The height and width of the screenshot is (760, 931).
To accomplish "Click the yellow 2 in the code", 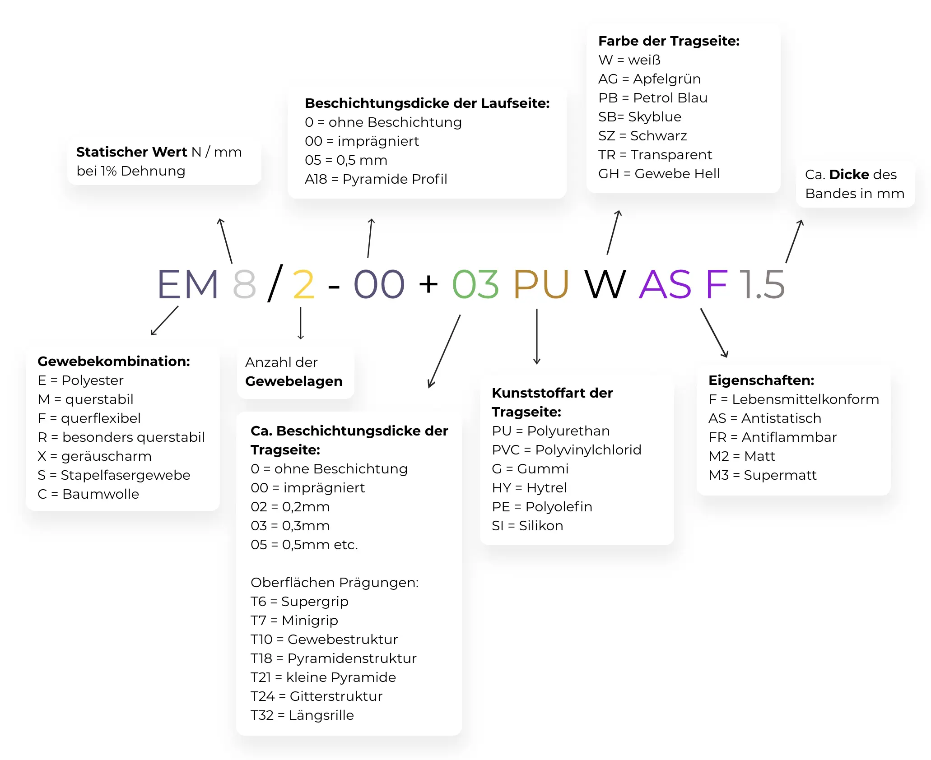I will [x=303, y=284].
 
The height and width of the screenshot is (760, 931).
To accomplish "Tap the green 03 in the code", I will [x=475, y=284].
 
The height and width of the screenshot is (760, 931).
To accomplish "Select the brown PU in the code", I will [x=541, y=284].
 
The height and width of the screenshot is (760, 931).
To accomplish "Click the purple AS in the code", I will [x=665, y=284].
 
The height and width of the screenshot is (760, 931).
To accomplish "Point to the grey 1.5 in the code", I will [x=762, y=284].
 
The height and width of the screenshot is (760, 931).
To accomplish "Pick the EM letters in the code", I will [x=188, y=284].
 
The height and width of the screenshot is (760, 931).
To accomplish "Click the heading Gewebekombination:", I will [x=114, y=361].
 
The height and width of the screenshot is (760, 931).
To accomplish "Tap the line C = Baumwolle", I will [x=88, y=494].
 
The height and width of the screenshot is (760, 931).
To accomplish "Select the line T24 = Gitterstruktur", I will [x=317, y=696].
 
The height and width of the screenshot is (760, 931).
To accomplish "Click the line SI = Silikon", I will [x=527, y=526].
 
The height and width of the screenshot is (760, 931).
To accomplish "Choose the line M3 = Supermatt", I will [x=763, y=475].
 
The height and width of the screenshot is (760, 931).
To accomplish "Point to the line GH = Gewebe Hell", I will [x=659, y=174].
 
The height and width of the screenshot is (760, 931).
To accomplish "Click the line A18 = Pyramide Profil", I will [x=376, y=179].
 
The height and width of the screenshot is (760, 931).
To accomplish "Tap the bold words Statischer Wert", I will [x=131, y=152].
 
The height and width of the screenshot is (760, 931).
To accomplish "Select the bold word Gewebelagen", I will [x=293, y=381].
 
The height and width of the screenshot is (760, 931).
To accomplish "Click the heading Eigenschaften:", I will [x=761, y=380].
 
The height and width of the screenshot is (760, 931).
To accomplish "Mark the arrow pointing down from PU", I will [x=537, y=336].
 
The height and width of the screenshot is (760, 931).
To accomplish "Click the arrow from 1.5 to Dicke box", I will [x=794, y=241].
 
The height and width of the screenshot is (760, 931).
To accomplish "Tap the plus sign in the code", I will [x=428, y=284].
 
